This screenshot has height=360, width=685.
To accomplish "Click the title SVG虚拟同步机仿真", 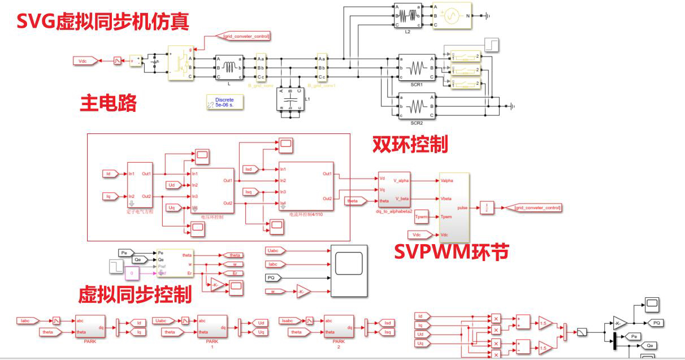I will (x=102, y=21).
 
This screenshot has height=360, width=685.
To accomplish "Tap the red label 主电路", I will (x=109, y=103).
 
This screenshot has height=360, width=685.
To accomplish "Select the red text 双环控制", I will (x=410, y=144).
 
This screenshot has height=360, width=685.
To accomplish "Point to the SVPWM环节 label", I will (x=451, y=251).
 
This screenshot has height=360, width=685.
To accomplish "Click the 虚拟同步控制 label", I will (x=135, y=294).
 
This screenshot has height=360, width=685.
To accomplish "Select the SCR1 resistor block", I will (x=417, y=68).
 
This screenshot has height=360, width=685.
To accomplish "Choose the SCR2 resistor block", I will (x=417, y=106).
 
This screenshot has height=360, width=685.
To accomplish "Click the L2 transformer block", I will (x=407, y=16).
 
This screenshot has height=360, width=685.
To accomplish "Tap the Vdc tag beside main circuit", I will (x=83, y=60).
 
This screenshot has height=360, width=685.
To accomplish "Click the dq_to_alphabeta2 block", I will (x=394, y=190).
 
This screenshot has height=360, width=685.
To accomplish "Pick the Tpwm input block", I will (x=421, y=217).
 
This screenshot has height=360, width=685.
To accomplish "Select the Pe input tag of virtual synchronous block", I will (x=125, y=252).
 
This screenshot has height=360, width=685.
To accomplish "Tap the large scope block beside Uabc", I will (x=349, y=271).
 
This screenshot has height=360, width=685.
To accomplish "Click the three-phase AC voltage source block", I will (x=452, y=16).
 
